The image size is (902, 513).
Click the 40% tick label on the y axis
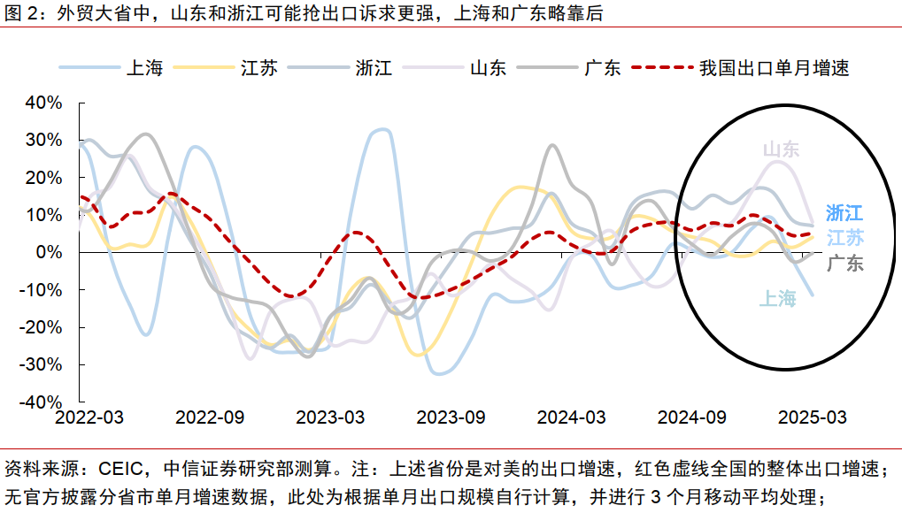[x=44, y=103]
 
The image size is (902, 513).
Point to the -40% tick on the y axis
[x=41, y=401]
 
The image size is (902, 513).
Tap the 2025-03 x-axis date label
[x=811, y=417]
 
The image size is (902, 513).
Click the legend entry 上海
[x=145, y=68]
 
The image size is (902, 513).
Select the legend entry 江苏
[x=259, y=68]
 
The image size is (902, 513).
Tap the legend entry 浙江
[x=374, y=68]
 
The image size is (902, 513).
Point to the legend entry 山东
[x=488, y=68]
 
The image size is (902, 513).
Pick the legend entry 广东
[x=602, y=68]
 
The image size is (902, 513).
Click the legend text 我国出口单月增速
[x=774, y=68]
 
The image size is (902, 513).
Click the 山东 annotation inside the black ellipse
[x=781, y=149]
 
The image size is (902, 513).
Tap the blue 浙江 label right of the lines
[x=844, y=213]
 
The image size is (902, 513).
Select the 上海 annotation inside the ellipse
[x=777, y=299]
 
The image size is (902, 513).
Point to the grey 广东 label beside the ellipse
[x=844, y=263]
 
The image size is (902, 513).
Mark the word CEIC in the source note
[x=118, y=467]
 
